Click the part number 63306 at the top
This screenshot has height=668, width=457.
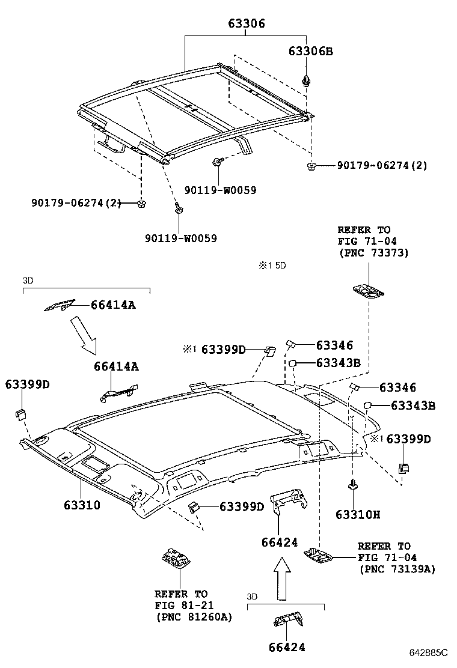[247, 24]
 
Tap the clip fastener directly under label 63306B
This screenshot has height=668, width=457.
[308, 80]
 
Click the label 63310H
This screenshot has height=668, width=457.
[358, 515]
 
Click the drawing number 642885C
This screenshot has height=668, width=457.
[429, 652]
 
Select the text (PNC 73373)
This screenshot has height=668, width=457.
[373, 254]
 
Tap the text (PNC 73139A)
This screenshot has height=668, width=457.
[397, 569]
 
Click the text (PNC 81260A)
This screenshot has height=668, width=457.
[194, 617]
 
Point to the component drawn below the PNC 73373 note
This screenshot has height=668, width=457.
[367, 291]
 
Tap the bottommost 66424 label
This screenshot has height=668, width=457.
[283, 647]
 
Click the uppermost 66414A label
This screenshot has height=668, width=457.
[114, 305]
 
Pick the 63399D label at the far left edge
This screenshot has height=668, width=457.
[28, 384]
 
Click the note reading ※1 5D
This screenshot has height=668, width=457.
[272, 265]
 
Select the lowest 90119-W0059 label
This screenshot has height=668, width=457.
[180, 238]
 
